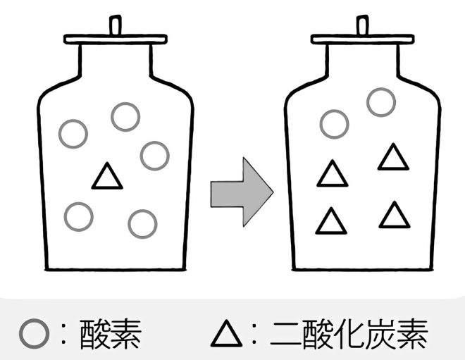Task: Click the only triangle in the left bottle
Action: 108,178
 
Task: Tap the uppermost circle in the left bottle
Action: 125,116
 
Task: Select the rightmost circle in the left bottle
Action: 154,155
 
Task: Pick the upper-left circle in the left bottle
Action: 73,132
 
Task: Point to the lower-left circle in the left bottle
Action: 78,216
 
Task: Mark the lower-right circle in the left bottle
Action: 142,223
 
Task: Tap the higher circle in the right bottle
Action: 380,102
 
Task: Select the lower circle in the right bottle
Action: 334,124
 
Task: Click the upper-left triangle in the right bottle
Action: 333,175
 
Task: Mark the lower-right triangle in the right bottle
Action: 394,216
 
